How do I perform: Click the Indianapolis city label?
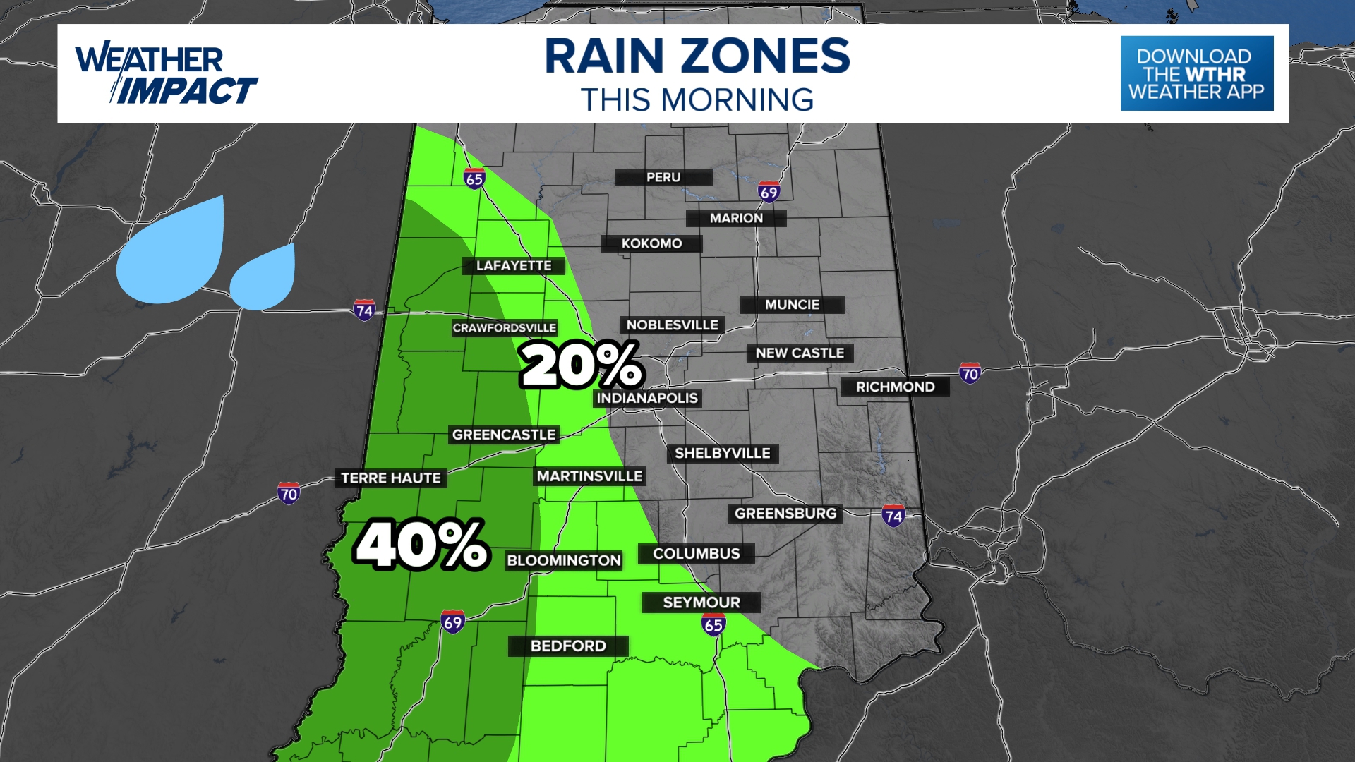pyautogui.click(x=647, y=398)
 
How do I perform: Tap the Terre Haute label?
pyautogui.click(x=390, y=478)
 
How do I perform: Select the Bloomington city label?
pyautogui.click(x=564, y=560)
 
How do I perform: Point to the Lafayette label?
pyautogui.click(x=514, y=266)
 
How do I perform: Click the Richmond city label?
pyautogui.click(x=895, y=387)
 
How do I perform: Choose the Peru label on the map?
pyautogui.click(x=663, y=177)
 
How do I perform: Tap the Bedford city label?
pyautogui.click(x=568, y=646)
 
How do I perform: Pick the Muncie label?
pyautogui.click(x=792, y=305)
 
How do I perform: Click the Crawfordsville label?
pyautogui.click(x=504, y=328)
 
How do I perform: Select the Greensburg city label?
pyautogui.click(x=785, y=514)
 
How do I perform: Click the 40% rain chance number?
pyautogui.click(x=421, y=544)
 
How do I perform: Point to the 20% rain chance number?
pyautogui.click(x=582, y=365)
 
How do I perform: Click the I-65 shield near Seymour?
pyautogui.click(x=713, y=624)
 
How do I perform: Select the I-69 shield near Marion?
pyautogui.click(x=769, y=192)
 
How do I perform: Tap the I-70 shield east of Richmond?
pyautogui.click(x=970, y=373)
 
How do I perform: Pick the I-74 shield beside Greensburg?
pyautogui.click(x=893, y=516)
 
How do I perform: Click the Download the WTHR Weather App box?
pyautogui.click(x=1197, y=73)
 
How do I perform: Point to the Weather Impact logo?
pyautogui.click(x=167, y=74)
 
